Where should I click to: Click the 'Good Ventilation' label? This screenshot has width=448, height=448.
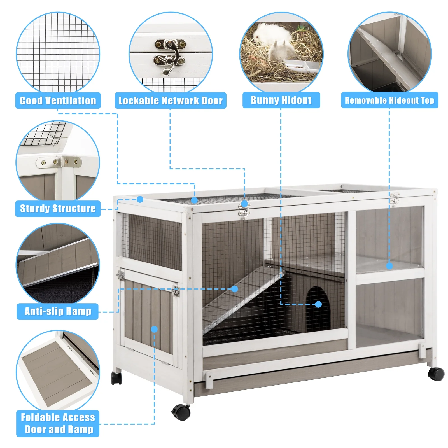click(58, 101)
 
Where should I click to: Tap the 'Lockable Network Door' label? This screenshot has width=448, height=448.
click(170, 101)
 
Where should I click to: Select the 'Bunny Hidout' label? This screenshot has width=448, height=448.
click(281, 100)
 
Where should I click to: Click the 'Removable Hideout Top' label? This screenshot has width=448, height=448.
click(389, 100)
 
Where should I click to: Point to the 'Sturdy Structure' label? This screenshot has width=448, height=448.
click(58, 209)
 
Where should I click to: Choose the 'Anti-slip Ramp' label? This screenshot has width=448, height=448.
click(58, 311)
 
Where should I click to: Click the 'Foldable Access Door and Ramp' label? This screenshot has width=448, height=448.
click(58, 423)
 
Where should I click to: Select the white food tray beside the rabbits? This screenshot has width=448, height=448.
click(301, 66)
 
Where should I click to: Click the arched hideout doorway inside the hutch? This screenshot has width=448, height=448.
click(318, 308)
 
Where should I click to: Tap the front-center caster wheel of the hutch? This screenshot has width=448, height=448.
click(181, 412)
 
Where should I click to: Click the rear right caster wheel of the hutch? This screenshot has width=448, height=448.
click(436, 374)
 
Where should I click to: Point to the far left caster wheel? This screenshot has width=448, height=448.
click(116, 378)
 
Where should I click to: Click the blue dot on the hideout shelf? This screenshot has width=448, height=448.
click(389, 266)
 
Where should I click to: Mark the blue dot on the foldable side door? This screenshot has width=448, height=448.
click(154, 329)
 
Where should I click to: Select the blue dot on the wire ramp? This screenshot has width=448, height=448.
click(235, 289)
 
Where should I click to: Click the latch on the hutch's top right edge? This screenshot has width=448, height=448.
click(394, 199)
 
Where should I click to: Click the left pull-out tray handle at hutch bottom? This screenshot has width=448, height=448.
click(209, 380)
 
